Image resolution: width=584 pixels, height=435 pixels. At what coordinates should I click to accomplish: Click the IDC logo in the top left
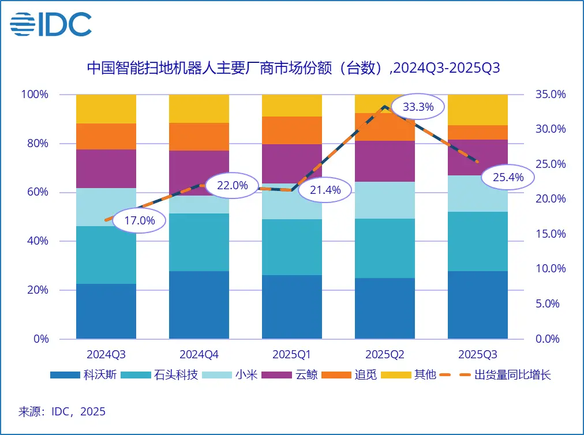[51, 24]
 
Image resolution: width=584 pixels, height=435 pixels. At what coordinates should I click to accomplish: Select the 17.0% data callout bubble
[139, 220]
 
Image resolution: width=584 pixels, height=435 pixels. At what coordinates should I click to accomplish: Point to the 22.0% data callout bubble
[232, 185]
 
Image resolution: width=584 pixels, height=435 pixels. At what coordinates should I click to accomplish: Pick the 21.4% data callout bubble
[325, 190]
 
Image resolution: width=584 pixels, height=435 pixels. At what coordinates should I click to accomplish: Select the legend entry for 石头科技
[165, 375]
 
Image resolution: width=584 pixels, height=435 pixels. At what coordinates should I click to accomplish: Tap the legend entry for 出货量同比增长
[496, 375]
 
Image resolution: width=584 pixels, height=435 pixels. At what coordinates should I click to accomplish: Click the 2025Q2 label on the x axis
[385, 354]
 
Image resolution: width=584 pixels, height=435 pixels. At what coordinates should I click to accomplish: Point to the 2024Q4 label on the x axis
[199, 354]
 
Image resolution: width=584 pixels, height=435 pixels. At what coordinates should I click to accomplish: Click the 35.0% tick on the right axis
[550, 94]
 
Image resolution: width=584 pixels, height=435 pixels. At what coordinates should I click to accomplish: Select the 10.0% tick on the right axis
[550, 269]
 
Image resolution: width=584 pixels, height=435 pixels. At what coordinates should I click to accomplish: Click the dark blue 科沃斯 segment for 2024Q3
[106, 311]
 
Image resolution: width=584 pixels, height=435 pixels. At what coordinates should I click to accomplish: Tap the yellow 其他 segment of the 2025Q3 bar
[478, 110]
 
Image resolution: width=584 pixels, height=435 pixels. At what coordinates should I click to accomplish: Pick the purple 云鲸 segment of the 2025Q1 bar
[292, 164]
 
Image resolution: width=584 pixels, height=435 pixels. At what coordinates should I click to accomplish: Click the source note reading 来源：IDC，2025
[62, 412]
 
